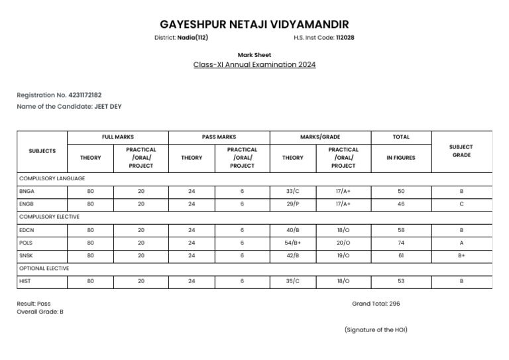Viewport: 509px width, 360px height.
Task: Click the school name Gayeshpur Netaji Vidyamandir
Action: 254,25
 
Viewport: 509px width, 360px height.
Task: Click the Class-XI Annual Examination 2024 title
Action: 254,65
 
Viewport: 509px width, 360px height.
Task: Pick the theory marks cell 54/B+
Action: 293,243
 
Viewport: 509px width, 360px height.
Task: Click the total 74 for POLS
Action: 401,243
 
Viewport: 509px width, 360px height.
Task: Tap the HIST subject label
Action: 25,281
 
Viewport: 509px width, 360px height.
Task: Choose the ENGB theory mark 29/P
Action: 293,204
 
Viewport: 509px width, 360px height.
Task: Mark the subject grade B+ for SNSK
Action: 461,255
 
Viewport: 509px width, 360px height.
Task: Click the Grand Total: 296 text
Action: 376,304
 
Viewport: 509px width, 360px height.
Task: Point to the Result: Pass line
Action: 34,304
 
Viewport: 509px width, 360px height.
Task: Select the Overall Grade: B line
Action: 40,312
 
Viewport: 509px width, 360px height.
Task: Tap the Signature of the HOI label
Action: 376,330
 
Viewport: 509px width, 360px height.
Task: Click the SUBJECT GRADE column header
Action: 461,151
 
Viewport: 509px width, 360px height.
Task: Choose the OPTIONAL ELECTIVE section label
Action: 44,269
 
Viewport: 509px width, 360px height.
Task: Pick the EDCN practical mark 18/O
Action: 343,230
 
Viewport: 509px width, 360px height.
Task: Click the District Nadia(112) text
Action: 181,38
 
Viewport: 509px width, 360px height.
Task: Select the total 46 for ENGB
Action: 401,204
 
